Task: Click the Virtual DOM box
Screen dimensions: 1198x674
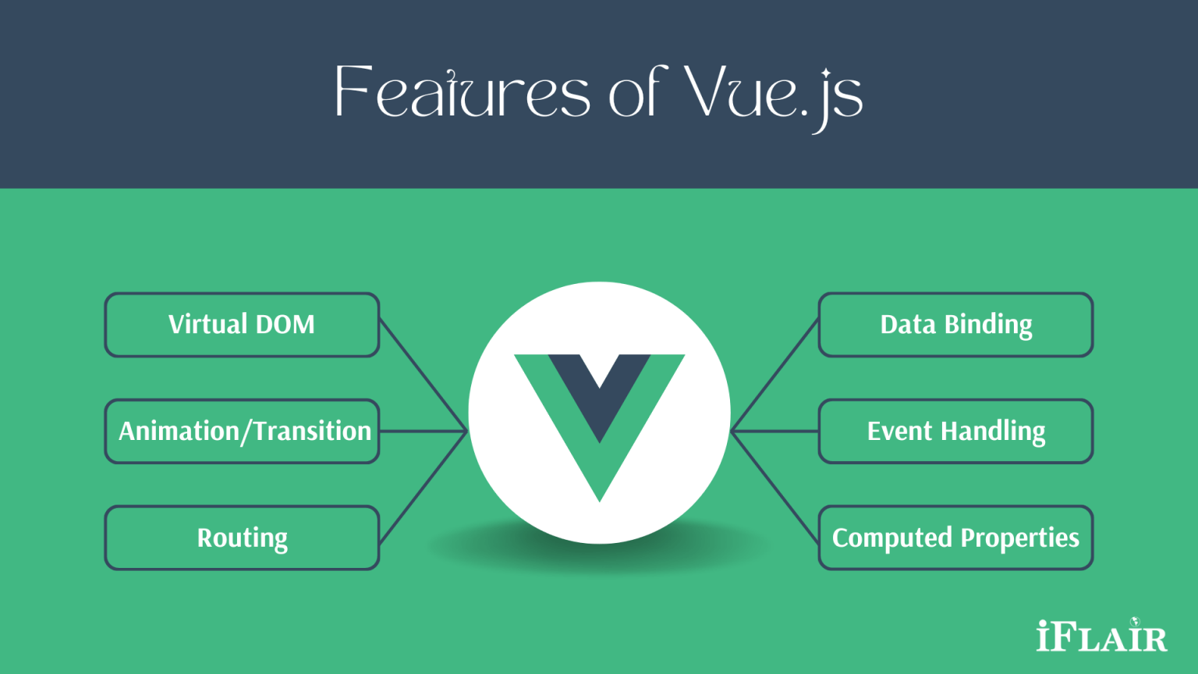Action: point(243,325)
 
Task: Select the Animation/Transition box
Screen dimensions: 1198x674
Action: point(243,431)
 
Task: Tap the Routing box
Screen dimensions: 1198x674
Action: point(243,537)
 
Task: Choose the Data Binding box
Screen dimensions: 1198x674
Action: point(955,325)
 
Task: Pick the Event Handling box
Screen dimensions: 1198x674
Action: point(955,431)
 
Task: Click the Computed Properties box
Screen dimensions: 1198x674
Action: point(955,537)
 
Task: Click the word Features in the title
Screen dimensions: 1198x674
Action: point(463,91)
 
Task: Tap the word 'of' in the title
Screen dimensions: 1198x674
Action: point(638,91)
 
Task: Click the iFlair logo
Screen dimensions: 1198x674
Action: point(1102,635)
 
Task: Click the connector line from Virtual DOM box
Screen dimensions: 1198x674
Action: point(423,375)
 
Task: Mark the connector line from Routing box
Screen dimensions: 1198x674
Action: point(423,488)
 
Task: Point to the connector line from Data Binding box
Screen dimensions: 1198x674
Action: point(775,375)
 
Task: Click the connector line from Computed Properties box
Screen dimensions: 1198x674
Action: point(775,488)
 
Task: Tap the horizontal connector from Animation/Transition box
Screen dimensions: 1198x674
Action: point(423,431)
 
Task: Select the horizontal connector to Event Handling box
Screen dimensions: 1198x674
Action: point(775,431)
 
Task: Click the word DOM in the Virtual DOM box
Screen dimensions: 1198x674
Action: point(285,325)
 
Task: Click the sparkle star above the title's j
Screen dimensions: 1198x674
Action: point(826,73)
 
